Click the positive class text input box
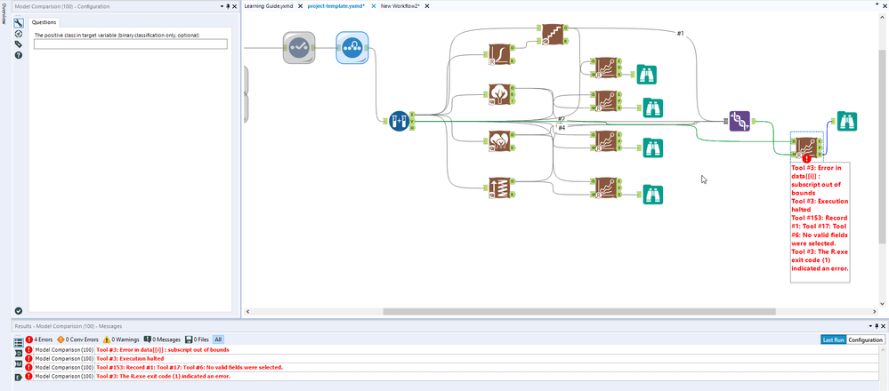pyautogui.click(x=130, y=44)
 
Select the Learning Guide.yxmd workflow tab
pyautogui.click(x=269, y=6)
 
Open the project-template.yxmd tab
pyautogui.click(x=336, y=6)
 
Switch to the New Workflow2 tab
pyautogui.click(x=400, y=6)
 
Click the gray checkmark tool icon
pyautogui.click(x=300, y=48)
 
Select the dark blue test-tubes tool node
pyautogui.click(x=400, y=119)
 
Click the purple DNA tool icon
pyautogui.click(x=739, y=121)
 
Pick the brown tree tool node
pyautogui.click(x=498, y=95)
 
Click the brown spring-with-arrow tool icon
pyautogui.click(x=498, y=189)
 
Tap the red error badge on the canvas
pyautogui.click(x=806, y=157)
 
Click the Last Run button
pyautogui.click(x=832, y=339)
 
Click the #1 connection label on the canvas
pyautogui.click(x=681, y=34)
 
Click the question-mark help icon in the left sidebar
pyautogui.click(x=19, y=55)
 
